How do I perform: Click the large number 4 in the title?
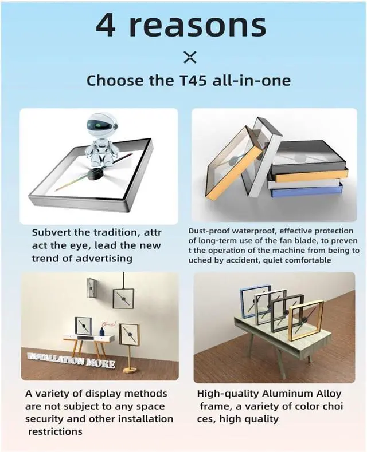(106, 25)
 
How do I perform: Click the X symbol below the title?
(190, 57)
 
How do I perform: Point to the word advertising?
(104, 259)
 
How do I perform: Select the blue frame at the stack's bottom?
(307, 191)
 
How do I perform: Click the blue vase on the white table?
(101, 331)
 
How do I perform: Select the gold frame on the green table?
(306, 320)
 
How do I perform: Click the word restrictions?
(55, 431)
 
